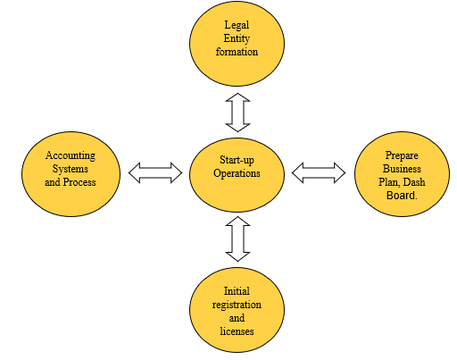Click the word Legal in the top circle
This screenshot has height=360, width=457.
(x=237, y=25)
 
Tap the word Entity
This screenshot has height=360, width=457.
(x=237, y=38)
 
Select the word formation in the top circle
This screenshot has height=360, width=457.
(x=237, y=52)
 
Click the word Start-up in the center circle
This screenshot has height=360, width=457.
(x=237, y=160)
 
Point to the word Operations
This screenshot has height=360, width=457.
(x=237, y=173)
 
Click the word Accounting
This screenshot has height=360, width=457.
(x=71, y=155)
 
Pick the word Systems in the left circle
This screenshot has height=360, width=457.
(x=71, y=169)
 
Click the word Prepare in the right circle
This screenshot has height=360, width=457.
(x=402, y=155)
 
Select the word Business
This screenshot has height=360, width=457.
(x=402, y=169)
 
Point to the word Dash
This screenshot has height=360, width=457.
(x=415, y=182)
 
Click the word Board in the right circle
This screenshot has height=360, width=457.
(x=401, y=196)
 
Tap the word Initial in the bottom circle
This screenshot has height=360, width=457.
(x=237, y=291)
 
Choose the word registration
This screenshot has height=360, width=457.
(x=237, y=305)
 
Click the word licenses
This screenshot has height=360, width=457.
(x=237, y=331)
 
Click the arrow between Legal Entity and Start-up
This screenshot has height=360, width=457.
(x=237, y=113)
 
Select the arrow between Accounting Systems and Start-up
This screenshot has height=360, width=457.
(x=155, y=172)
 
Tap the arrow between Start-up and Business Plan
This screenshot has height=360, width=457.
(x=319, y=172)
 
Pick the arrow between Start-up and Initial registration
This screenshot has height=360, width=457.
(x=237, y=239)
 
